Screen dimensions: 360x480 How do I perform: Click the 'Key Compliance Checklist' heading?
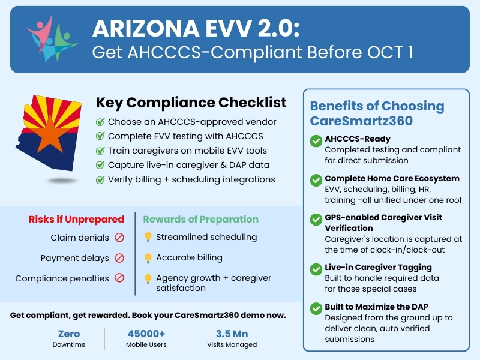click(x=191, y=103)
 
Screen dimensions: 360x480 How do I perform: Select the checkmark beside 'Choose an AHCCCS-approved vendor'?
click(x=100, y=122)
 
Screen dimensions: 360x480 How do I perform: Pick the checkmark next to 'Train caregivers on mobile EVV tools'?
click(x=100, y=151)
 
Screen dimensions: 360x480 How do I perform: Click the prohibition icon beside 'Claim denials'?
click(x=119, y=238)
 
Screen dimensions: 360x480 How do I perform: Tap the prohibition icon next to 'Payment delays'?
click(x=119, y=258)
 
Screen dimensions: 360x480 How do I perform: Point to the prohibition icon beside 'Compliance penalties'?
click(x=119, y=278)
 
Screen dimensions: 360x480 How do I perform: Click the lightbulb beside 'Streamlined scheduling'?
click(x=148, y=238)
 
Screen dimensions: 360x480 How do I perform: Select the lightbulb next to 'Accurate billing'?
click(x=148, y=258)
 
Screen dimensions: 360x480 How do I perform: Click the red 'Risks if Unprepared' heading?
click(x=76, y=219)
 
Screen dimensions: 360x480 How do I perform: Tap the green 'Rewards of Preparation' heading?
click(x=200, y=219)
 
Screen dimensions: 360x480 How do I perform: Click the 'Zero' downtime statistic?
click(x=68, y=334)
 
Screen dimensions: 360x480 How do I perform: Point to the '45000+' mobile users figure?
click(x=146, y=334)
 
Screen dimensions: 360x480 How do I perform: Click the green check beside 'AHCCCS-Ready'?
click(x=316, y=142)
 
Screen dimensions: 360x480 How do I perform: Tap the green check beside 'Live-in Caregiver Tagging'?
click(x=316, y=269)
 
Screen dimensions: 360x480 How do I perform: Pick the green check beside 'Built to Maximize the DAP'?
click(x=316, y=309)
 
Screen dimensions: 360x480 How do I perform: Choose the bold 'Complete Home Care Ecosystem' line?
click(x=392, y=178)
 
